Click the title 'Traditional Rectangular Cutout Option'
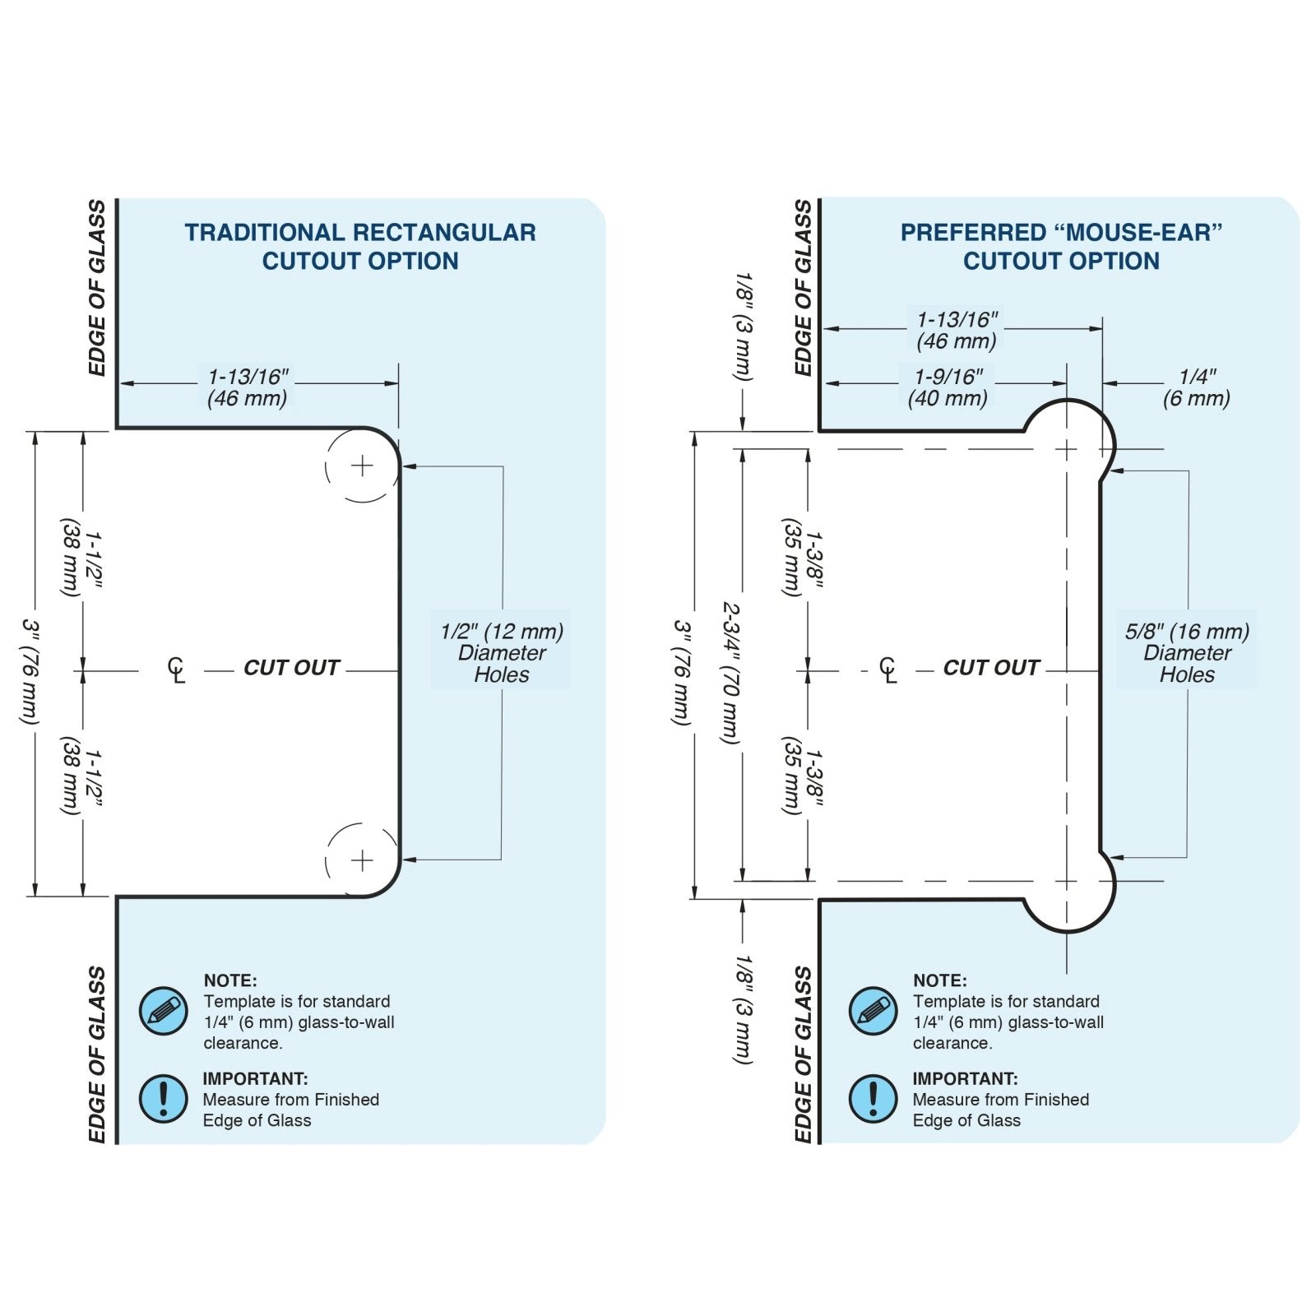point(359,246)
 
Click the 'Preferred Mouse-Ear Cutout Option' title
point(1061,246)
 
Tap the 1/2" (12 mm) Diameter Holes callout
point(501,653)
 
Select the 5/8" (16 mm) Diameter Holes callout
point(1187,653)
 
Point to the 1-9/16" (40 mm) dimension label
point(948,387)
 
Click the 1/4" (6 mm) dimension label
point(1196,387)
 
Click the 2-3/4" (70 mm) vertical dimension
point(730,673)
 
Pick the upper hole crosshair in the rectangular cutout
point(362,466)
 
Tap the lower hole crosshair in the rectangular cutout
point(362,860)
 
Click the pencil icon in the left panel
point(163,1011)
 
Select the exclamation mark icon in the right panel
point(872,1098)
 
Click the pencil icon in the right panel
point(872,1011)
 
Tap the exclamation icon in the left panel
point(163,1098)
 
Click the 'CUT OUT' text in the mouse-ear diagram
point(991,668)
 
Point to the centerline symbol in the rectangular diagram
point(176,670)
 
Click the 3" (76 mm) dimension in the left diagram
point(30,673)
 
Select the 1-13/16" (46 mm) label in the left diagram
point(248,387)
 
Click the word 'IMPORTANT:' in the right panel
point(965,1078)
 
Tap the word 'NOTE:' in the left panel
point(230,980)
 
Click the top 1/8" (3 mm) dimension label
point(744,327)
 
